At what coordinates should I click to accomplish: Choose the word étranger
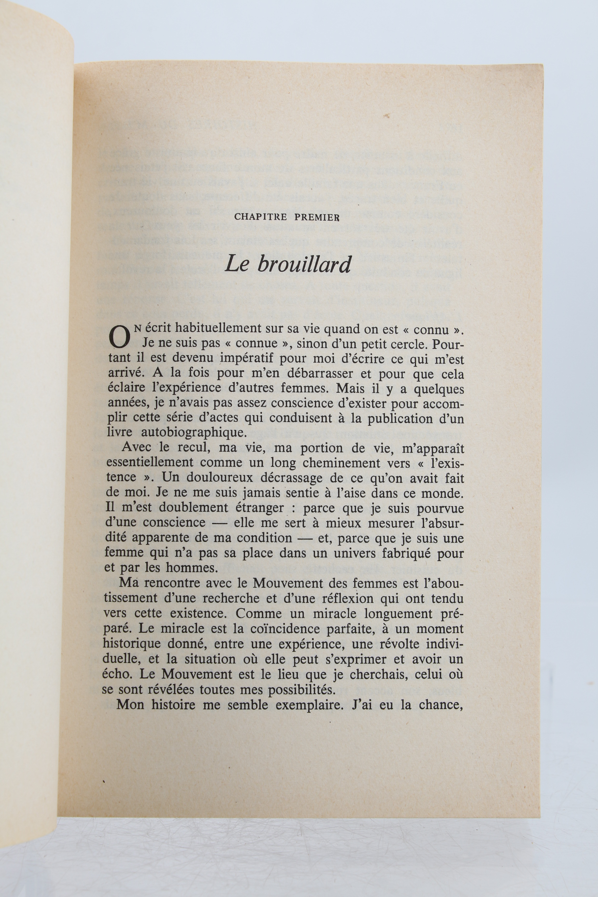coord(254,508)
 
